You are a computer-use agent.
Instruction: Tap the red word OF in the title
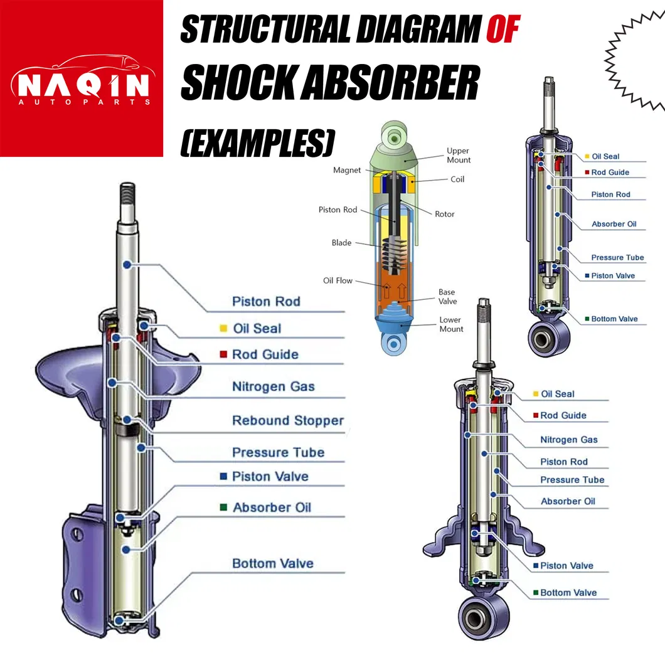[x=504, y=30]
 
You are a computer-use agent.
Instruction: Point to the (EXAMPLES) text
[x=257, y=142]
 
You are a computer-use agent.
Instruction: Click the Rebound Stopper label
[x=288, y=420]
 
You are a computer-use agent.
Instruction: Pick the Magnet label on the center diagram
[x=347, y=170]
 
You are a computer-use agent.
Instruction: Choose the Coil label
[x=457, y=179]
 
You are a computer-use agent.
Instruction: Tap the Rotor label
[x=444, y=214]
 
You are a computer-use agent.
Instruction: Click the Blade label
[x=341, y=243]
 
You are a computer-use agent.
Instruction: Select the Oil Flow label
[x=338, y=280]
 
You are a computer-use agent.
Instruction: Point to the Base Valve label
[x=447, y=297]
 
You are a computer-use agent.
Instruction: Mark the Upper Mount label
[x=458, y=156]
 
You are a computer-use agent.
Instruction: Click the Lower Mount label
[x=450, y=324]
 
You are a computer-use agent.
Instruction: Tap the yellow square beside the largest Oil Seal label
[x=223, y=329]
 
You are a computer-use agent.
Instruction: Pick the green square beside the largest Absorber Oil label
[x=223, y=508]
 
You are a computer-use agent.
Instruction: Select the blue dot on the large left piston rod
[x=127, y=265]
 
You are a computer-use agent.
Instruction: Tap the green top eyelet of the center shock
[x=394, y=134]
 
